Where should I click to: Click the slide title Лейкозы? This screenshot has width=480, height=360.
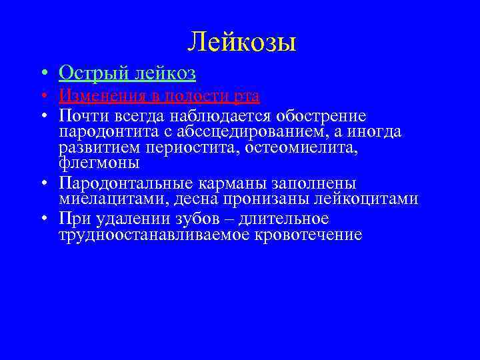(x=241, y=42)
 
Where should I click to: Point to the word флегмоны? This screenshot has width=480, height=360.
(x=99, y=163)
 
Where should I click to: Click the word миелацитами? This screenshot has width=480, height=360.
(x=103, y=199)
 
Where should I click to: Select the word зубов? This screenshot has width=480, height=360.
(x=200, y=219)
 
